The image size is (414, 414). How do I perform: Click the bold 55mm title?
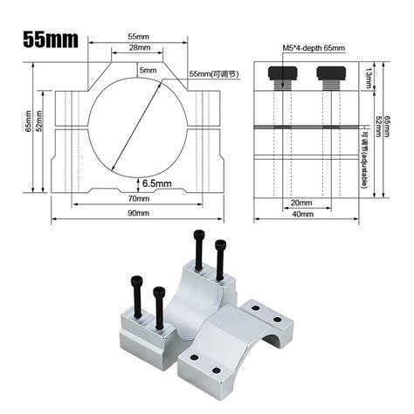tap(51, 39)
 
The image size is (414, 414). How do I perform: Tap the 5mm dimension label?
tap(148, 69)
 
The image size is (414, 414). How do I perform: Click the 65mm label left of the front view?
tap(30, 126)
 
